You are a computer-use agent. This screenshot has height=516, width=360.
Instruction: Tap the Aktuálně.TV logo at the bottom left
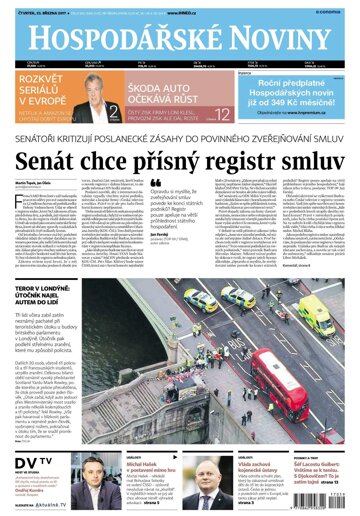point(55,506)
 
